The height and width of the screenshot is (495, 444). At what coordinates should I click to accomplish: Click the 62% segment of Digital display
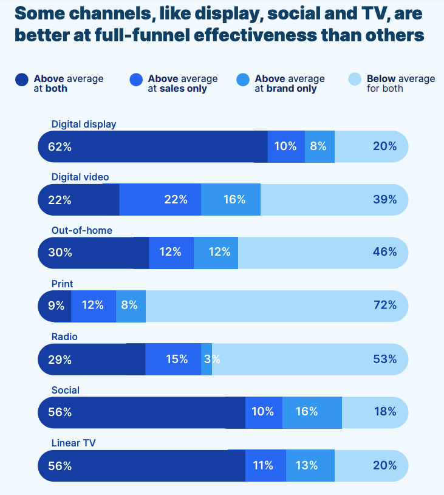(x=152, y=146)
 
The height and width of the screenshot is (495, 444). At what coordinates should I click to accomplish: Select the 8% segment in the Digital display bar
(x=319, y=146)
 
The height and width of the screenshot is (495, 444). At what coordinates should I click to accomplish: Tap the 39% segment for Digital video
(x=334, y=200)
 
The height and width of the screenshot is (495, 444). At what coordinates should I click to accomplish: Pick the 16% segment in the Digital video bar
(x=231, y=200)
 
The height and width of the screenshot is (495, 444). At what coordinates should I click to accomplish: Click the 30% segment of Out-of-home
(x=94, y=253)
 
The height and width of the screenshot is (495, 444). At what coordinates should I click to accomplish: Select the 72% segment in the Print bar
(x=277, y=306)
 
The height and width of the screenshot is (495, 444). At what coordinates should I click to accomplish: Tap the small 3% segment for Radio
(x=207, y=360)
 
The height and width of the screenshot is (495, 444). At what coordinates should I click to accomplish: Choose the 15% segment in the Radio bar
(x=173, y=360)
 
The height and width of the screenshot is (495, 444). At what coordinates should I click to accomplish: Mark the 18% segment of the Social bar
(x=375, y=412)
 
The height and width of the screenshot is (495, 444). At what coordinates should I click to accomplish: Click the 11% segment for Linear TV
(x=265, y=466)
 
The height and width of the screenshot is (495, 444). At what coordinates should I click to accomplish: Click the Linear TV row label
(x=74, y=443)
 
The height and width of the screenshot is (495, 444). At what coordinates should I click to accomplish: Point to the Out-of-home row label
(x=82, y=231)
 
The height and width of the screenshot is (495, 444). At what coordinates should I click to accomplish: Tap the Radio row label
(x=65, y=337)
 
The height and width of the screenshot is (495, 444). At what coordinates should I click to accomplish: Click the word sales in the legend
(x=172, y=89)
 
